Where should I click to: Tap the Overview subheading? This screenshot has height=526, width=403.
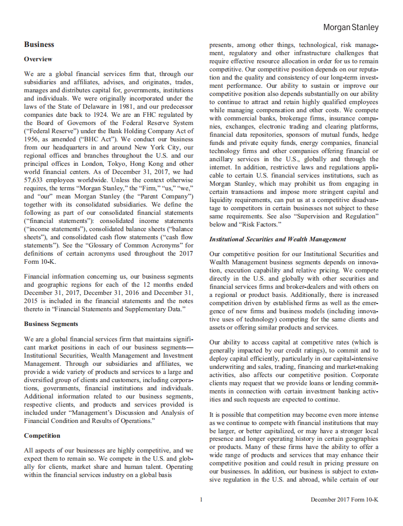point(38,59)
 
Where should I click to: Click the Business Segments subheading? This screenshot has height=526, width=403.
point(51,324)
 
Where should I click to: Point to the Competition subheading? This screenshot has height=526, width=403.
point(42,436)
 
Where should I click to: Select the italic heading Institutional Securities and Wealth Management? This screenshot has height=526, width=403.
point(278,239)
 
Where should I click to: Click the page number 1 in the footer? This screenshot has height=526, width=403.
point(201,499)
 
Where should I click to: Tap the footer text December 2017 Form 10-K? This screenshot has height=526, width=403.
point(344,499)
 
